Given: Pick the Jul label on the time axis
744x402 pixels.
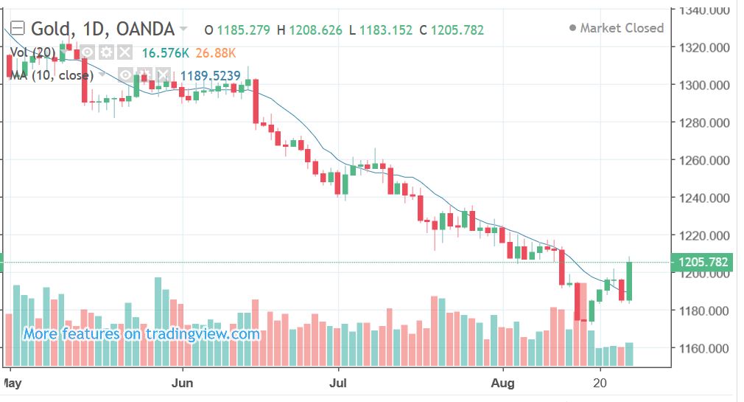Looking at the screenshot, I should click(x=338, y=384).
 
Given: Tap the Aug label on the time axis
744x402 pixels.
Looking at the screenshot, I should click(x=503, y=384).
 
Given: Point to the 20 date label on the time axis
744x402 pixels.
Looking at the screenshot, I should click(x=600, y=384).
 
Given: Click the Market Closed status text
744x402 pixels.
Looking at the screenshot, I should click(x=622, y=28).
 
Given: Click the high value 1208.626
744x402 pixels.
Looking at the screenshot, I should click(x=315, y=30).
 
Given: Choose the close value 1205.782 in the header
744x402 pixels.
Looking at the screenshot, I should click(x=457, y=30).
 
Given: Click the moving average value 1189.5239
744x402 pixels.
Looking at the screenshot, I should click(x=210, y=75).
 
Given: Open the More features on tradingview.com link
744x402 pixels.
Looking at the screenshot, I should click(x=141, y=334).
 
